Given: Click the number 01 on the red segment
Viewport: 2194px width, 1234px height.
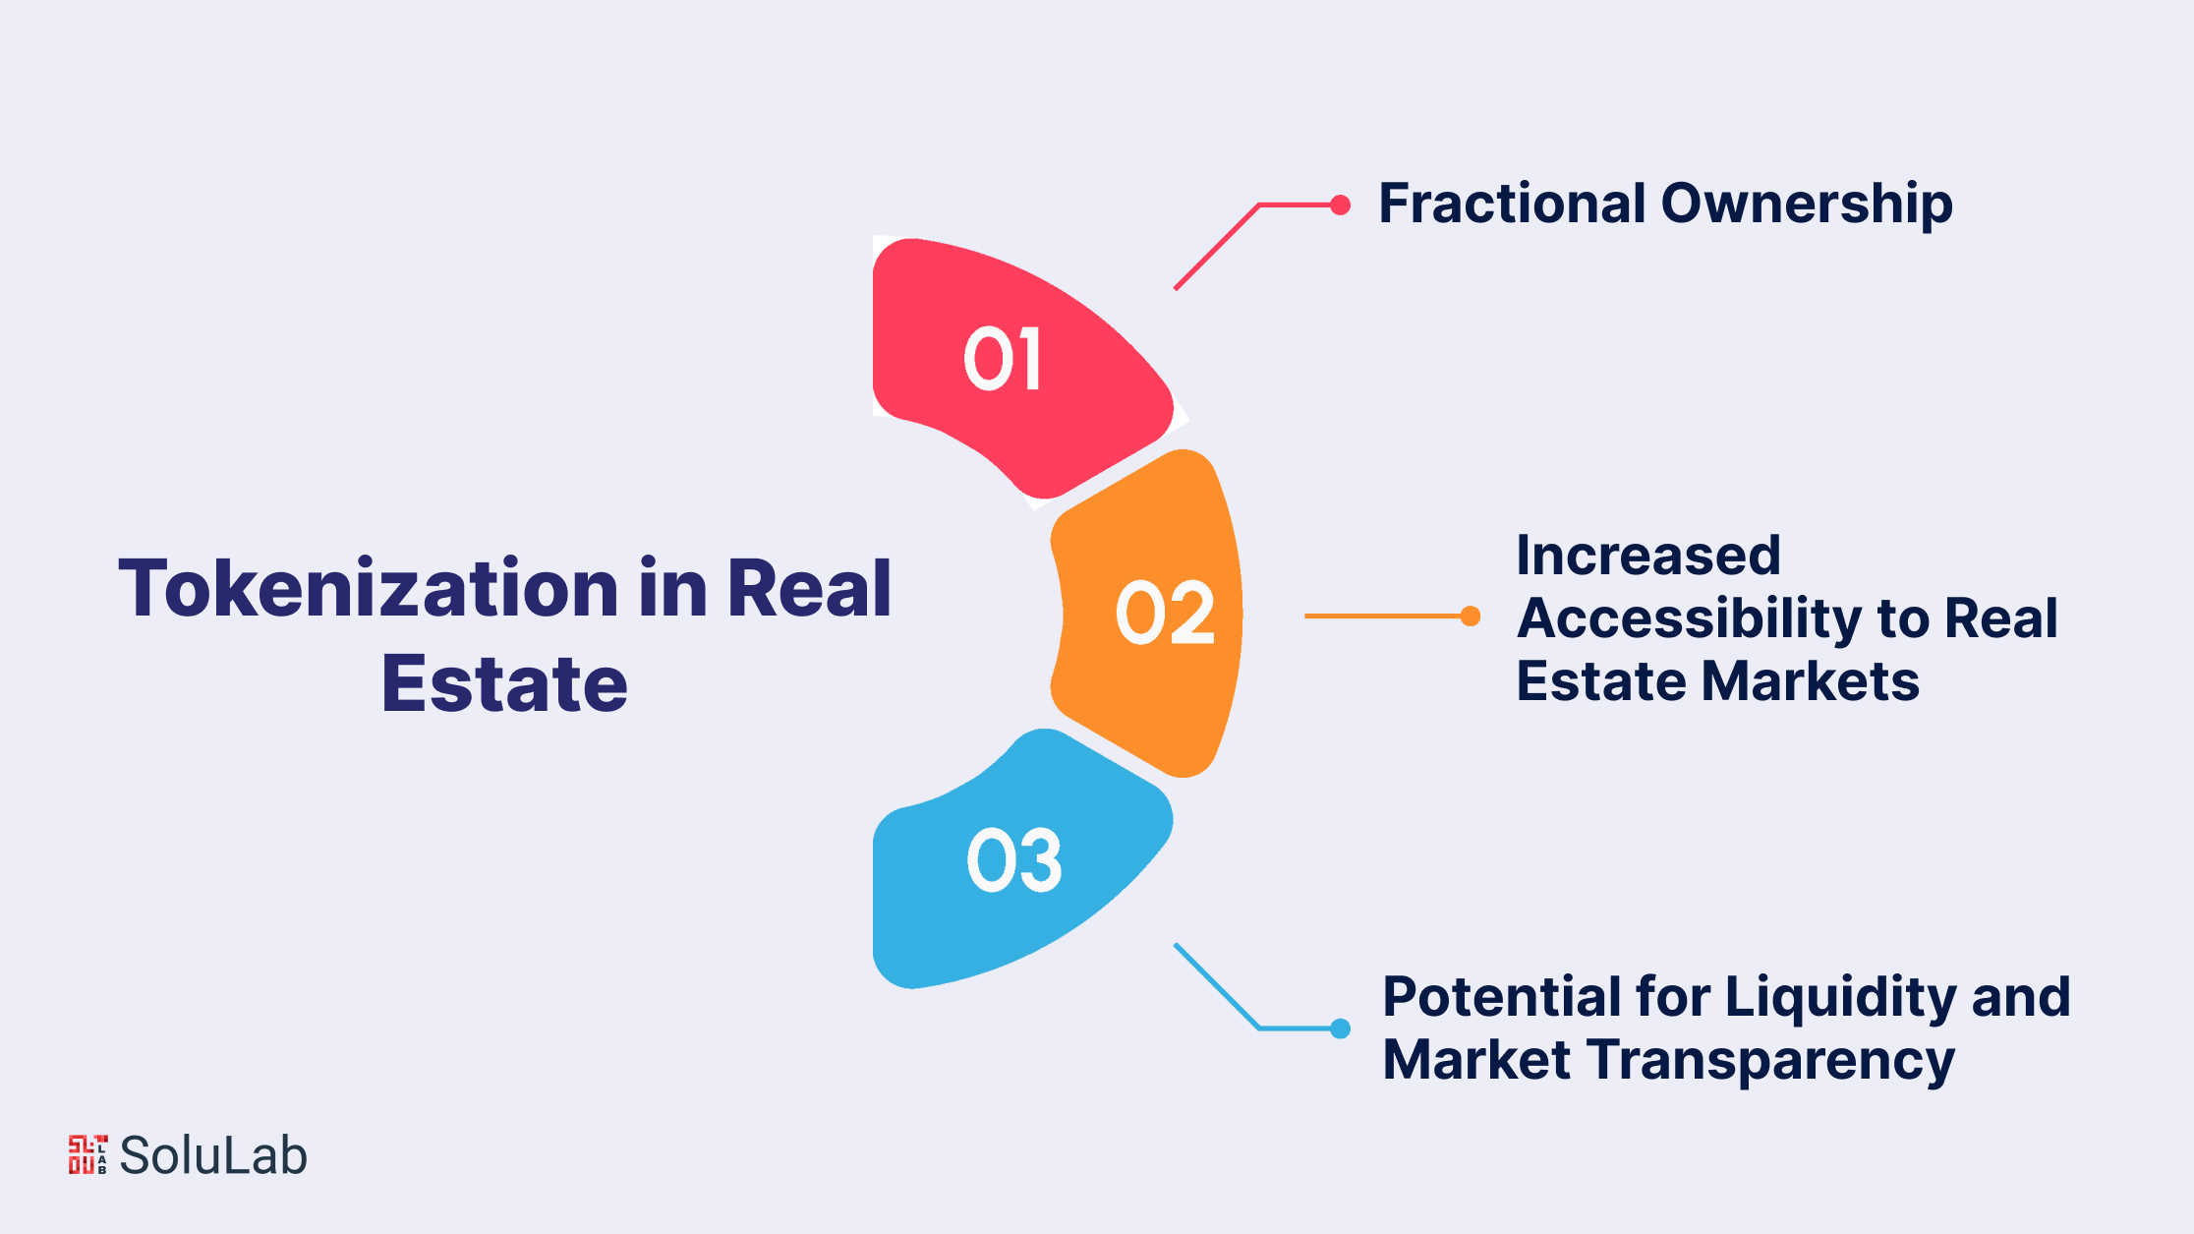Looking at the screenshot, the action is (x=1002, y=359).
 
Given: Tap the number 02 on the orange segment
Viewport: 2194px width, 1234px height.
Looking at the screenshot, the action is (x=1166, y=613).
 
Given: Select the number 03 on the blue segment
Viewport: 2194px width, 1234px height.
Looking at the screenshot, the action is (x=1014, y=860).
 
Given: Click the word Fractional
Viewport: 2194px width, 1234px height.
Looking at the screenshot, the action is (x=1512, y=204).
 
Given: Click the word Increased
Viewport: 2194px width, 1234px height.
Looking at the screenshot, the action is (x=1648, y=556).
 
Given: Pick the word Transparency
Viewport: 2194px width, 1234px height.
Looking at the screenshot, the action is (x=1771, y=1062).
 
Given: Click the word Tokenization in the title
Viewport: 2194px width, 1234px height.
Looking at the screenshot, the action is (x=369, y=588).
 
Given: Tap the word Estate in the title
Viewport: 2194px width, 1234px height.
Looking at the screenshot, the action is (x=504, y=683).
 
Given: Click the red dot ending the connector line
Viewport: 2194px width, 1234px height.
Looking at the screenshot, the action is (x=1340, y=205).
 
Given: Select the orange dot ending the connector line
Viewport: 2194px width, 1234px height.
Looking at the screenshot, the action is (x=1471, y=617).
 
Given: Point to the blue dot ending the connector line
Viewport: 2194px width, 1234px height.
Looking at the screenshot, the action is (x=1340, y=1028).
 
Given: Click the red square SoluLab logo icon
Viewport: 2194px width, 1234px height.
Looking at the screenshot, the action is (x=87, y=1154).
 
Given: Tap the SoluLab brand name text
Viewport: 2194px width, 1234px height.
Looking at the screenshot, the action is (x=213, y=1155).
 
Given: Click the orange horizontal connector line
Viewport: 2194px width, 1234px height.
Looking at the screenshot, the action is (x=1387, y=617).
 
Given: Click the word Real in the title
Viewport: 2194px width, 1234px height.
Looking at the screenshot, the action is (x=808, y=588).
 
